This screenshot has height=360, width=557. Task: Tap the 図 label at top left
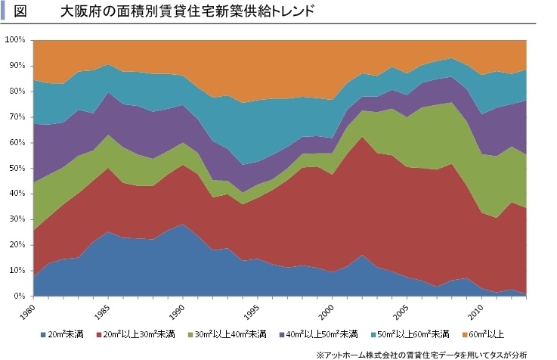tap(21, 12)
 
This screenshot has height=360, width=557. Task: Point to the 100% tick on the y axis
tap(15, 39)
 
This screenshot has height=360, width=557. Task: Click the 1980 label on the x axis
tap(29, 309)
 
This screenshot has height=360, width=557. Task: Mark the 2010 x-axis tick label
tap(476, 309)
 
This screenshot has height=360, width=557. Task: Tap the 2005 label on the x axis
tap(404, 309)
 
